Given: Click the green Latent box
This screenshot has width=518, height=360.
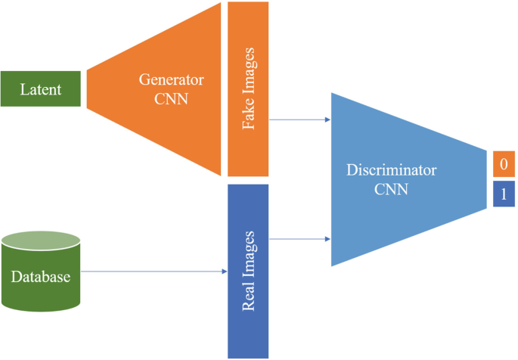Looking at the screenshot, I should click(x=41, y=90).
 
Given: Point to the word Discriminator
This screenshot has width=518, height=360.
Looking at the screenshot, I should click(x=391, y=172).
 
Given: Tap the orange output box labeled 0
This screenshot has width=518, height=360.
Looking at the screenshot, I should click(x=503, y=163).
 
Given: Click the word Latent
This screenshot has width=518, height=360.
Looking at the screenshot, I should click(x=41, y=90).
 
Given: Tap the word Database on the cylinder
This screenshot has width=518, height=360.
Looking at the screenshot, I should click(x=41, y=277).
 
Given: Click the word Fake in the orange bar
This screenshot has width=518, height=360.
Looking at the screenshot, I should click(x=248, y=121).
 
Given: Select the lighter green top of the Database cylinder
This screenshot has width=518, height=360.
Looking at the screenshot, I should click(x=41, y=241).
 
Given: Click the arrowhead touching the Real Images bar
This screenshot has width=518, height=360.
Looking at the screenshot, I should click(x=224, y=272).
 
